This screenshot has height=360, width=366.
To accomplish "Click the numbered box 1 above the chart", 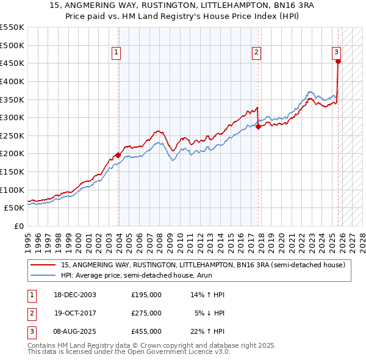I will point(116,53).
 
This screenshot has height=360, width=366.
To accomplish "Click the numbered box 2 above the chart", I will point(257,53).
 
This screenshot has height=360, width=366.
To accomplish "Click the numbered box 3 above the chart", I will point(336,53).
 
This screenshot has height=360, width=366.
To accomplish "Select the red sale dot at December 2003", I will point(118,155).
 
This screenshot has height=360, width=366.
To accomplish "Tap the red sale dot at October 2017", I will point(258,126).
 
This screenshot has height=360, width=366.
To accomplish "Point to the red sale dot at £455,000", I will point(338,61).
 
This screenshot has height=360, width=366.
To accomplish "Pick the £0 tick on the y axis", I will point(18,226).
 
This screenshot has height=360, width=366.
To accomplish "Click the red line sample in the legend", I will point(43,265).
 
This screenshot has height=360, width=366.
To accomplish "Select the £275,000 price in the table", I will point(146,313).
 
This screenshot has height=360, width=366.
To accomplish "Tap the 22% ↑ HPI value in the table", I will point(208,331).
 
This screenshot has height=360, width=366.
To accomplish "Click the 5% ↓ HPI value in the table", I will point(210,313).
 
